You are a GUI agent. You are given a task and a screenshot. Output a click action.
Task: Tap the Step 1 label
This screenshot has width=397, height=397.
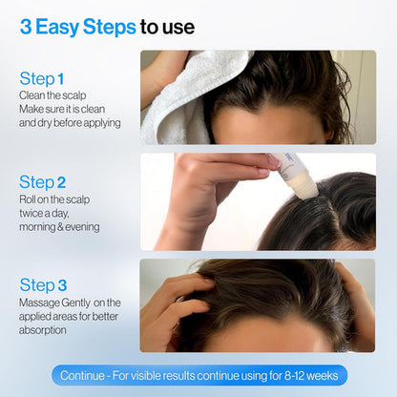(x=43, y=79)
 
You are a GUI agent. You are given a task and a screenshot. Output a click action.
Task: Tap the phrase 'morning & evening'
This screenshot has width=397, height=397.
(x=59, y=226)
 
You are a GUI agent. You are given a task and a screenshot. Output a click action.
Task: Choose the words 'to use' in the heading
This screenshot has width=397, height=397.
(x=168, y=26)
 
